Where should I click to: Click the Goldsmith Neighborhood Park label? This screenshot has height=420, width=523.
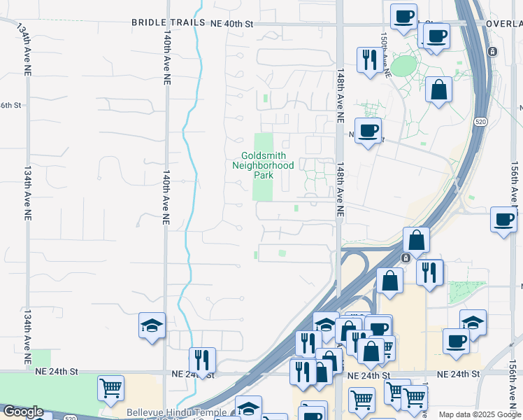(263, 165)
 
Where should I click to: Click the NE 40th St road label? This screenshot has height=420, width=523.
(231, 23)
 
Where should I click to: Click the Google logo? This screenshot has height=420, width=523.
(23, 412)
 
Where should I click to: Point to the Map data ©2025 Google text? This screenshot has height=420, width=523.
(479, 414)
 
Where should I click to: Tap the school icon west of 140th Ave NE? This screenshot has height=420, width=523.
(152, 325)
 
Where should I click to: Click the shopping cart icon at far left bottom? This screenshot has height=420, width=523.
(110, 388)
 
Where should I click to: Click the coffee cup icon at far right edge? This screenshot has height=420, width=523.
(503, 220)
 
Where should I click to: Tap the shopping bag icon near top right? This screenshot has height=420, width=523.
(438, 90)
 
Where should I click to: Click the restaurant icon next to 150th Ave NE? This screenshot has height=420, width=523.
(370, 59)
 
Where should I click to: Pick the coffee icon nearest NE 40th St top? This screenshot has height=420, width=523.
(403, 17)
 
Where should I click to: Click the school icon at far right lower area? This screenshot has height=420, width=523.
(473, 323)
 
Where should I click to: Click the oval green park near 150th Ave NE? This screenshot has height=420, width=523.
(403, 66)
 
